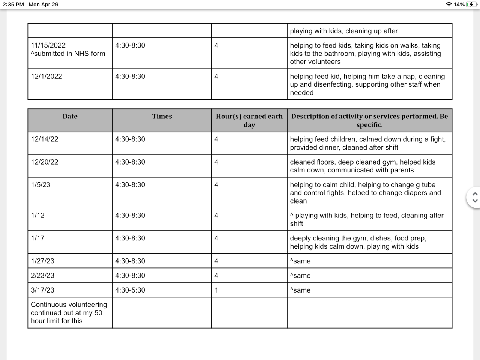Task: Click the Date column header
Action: coord(70,117)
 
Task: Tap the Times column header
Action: coord(162,117)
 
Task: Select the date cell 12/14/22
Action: coord(45,139)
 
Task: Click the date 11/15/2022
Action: coord(48,45)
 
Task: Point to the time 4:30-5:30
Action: coord(130,290)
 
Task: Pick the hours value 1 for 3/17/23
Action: coord(216,290)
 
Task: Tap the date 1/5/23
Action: coord(40,185)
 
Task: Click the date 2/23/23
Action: coord(42,275)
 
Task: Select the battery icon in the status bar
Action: coord(472,4)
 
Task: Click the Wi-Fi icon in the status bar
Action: coord(448,4)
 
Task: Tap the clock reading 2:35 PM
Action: coord(13,4)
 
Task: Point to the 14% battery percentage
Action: coord(459,4)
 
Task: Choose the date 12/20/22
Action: coord(45,162)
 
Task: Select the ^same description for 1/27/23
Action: coord(300,261)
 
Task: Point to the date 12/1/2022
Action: coord(46,76)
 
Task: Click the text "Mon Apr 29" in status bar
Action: coord(43,4)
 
